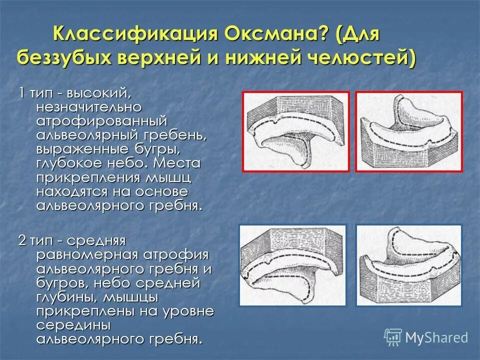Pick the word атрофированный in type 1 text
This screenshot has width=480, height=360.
101,121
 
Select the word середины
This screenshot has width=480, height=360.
73,325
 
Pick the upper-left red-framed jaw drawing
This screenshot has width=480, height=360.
296,131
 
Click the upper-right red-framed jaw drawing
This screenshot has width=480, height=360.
409,131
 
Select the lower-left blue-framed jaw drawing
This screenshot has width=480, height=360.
293,265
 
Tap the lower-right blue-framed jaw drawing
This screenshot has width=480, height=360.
409,265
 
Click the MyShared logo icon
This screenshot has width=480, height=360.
393,337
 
